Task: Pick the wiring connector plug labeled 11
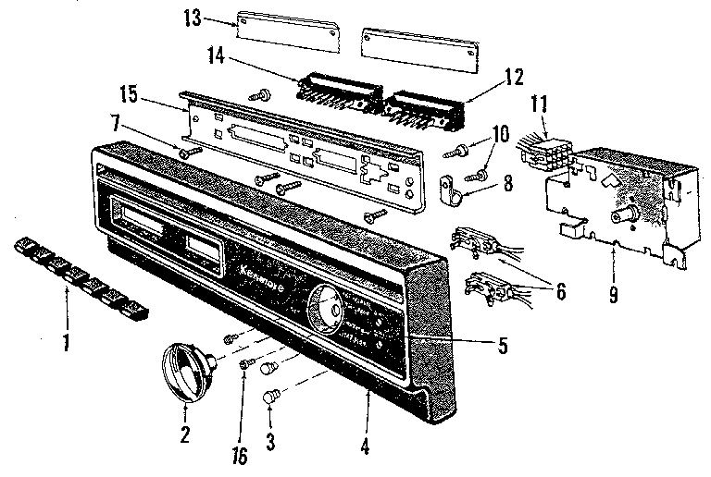(x=547, y=148)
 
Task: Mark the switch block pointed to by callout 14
(x=338, y=91)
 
